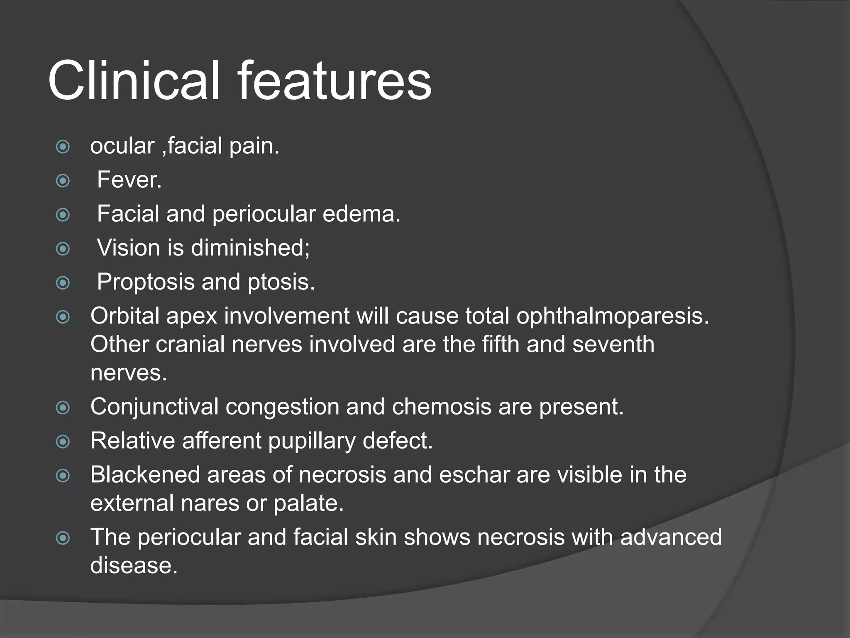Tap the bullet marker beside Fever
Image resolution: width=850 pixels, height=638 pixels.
(x=63, y=181)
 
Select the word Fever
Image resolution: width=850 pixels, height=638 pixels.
(x=129, y=180)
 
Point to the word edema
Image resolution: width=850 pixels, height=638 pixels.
(x=361, y=214)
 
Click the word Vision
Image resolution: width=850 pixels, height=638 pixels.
(x=128, y=248)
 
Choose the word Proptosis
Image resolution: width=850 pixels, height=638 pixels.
(x=146, y=282)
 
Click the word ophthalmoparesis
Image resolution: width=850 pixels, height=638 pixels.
(x=613, y=317)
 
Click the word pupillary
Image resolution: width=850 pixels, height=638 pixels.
(x=312, y=441)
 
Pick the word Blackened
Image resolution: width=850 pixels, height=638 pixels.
(x=145, y=475)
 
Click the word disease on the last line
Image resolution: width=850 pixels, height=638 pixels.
(x=134, y=566)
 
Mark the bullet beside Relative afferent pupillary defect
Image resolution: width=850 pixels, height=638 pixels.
(x=63, y=442)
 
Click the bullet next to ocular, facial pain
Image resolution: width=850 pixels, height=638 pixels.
(x=63, y=147)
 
